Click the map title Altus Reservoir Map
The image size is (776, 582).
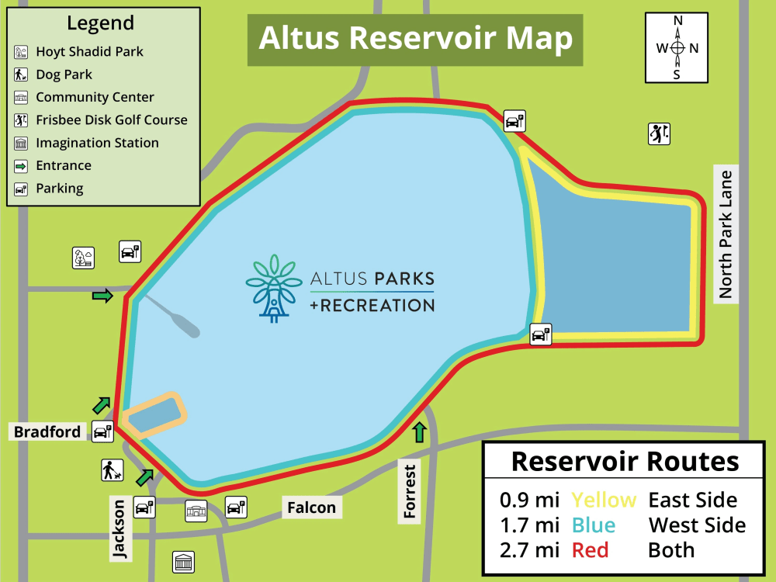pyautogui.click(x=415, y=38)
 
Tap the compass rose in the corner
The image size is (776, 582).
pyautogui.click(x=677, y=47)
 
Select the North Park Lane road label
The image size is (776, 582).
pyautogui.click(x=726, y=233)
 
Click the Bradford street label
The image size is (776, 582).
pyautogui.click(x=47, y=431)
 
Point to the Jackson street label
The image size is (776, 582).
pyautogui.click(x=119, y=529)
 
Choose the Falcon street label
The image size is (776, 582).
pyautogui.click(x=311, y=508)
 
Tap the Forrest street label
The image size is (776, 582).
pyautogui.click(x=411, y=490)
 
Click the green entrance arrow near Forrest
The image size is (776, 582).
pyautogui.click(x=420, y=432)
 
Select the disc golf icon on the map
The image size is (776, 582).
pyautogui.click(x=659, y=133)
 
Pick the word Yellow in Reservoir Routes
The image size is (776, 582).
pyautogui.click(x=604, y=500)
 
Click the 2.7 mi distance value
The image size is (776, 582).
pyautogui.click(x=529, y=550)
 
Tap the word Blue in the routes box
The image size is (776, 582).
pyautogui.click(x=594, y=525)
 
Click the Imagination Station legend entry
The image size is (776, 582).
pyautogui.click(x=97, y=143)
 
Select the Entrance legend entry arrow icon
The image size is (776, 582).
pyautogui.click(x=22, y=165)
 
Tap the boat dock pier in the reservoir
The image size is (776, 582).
pyautogui.click(x=175, y=315)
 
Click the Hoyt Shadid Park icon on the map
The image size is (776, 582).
pyautogui.click(x=84, y=258)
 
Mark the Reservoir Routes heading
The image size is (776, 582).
pyautogui.click(x=625, y=462)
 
